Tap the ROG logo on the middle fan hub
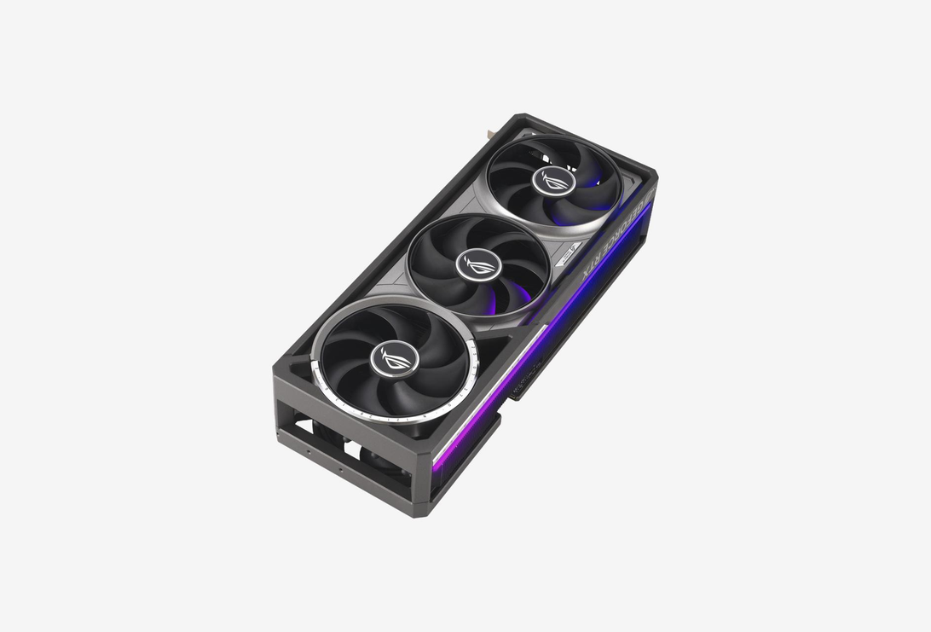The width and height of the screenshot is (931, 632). (x=472, y=264)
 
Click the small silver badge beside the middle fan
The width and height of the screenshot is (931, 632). (x=569, y=252)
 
